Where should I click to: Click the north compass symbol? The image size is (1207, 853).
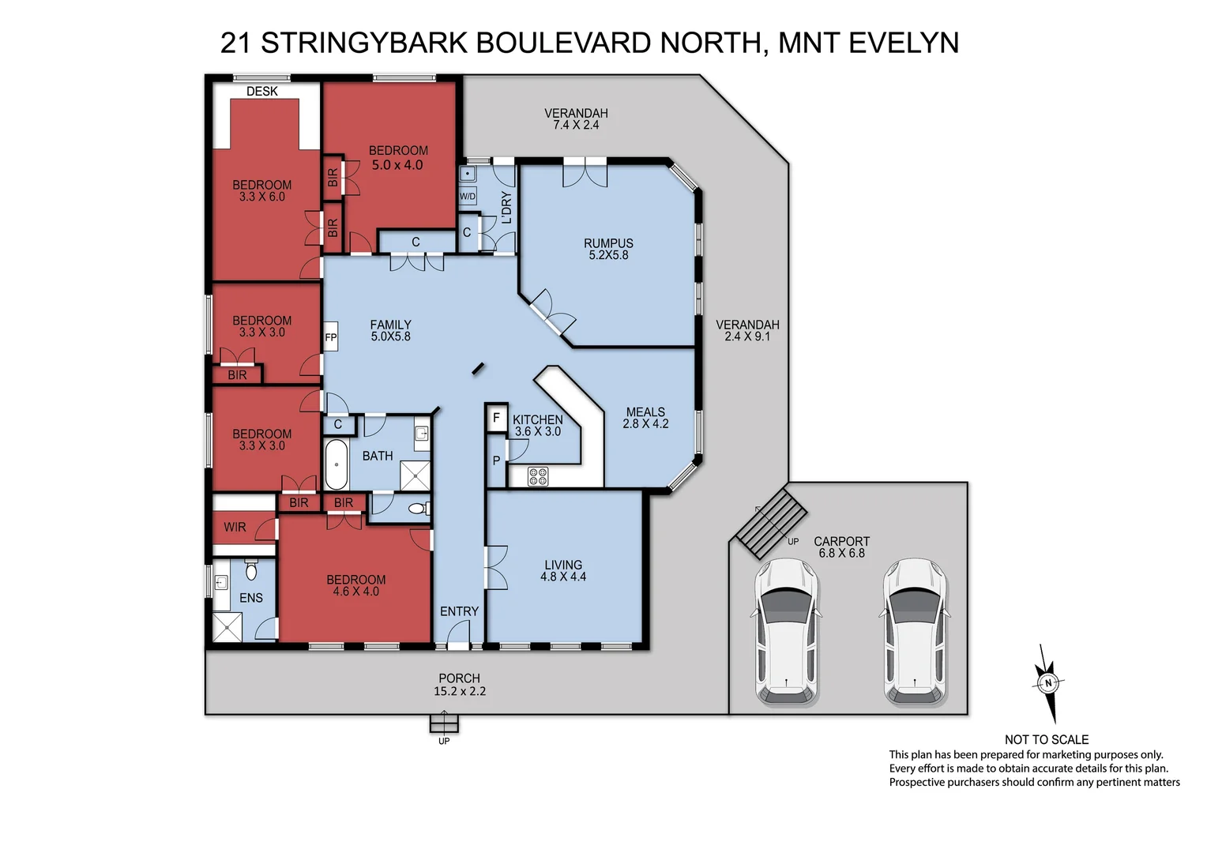coord(1048,683)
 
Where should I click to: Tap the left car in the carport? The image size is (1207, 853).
coord(787,631)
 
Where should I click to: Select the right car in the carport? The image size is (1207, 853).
coord(914,631)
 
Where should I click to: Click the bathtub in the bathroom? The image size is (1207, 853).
coord(337,465)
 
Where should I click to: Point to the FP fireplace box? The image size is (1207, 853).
coord(331,337)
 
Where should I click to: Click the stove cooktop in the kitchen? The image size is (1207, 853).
coord(538,476)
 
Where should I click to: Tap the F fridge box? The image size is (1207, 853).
coord(496,418)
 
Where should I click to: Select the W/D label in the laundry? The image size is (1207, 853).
coord(468,196)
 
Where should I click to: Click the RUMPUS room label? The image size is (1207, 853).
coord(608,243)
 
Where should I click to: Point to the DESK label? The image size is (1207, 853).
coord(261,92)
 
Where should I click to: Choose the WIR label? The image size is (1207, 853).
coord(235,527)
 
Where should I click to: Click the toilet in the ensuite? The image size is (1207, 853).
coord(251,569)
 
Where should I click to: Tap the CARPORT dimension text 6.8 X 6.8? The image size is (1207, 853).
coord(841,554)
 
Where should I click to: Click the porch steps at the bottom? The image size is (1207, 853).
coord(444,723)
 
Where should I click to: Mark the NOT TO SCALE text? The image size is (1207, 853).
coord(1046,739)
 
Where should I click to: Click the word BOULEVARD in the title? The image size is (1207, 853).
coord(564,43)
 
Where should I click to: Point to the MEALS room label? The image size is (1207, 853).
coord(645,411)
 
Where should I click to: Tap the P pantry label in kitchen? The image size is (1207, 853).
coord(496,460)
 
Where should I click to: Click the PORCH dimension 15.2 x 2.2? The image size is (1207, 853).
coord(460,691)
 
